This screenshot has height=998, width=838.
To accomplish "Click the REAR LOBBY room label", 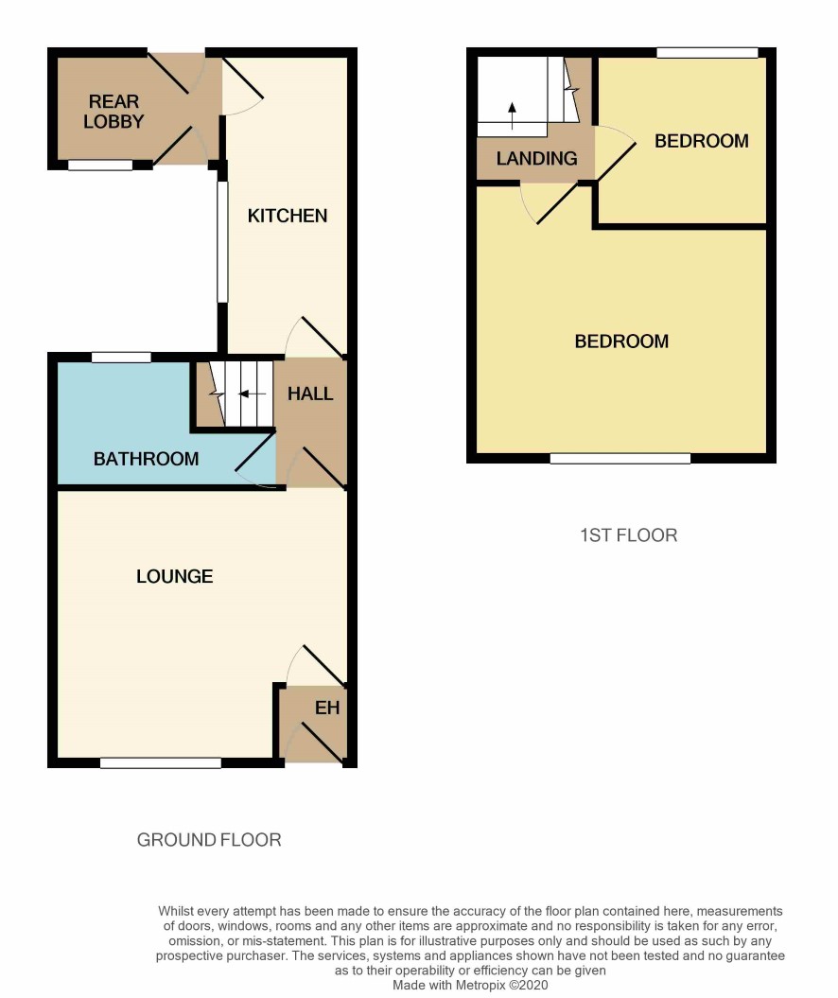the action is [x=113, y=112].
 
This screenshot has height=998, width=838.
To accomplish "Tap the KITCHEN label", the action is [x=288, y=216].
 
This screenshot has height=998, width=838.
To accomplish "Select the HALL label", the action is [x=310, y=394].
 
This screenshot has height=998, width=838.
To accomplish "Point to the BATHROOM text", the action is [x=147, y=459].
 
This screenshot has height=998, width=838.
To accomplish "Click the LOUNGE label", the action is [x=175, y=577].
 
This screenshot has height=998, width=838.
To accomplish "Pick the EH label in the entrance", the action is [x=327, y=708].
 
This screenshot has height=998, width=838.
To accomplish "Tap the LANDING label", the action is [x=537, y=159].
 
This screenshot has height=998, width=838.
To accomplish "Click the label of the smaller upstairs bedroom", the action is [x=702, y=141].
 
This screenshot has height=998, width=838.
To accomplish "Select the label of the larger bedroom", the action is [x=621, y=341].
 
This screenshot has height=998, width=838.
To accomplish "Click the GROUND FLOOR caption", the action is [x=209, y=840].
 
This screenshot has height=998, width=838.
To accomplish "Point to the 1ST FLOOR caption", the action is [x=629, y=535].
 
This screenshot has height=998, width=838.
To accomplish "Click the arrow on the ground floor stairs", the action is [x=252, y=394].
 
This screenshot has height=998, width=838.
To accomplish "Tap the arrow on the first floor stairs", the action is [x=513, y=115].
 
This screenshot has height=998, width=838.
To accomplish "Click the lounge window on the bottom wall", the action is [x=161, y=762].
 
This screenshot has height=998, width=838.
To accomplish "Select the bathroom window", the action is [x=121, y=357].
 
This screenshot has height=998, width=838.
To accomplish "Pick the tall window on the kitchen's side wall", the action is [x=222, y=242].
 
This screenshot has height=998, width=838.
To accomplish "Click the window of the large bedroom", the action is [x=620, y=458].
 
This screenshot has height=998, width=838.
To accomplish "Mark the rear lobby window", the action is [x=100, y=166].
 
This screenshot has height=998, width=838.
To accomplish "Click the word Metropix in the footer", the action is [x=480, y=986].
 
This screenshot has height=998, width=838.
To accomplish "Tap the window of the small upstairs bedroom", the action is [x=707, y=53].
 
